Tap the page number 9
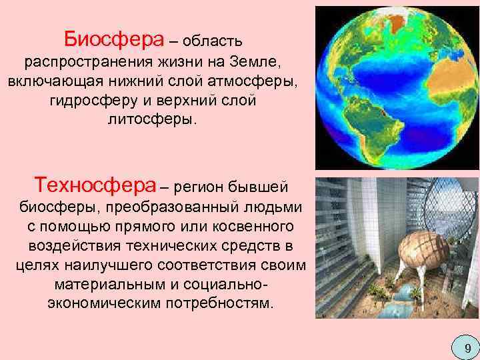pos(467,347)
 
